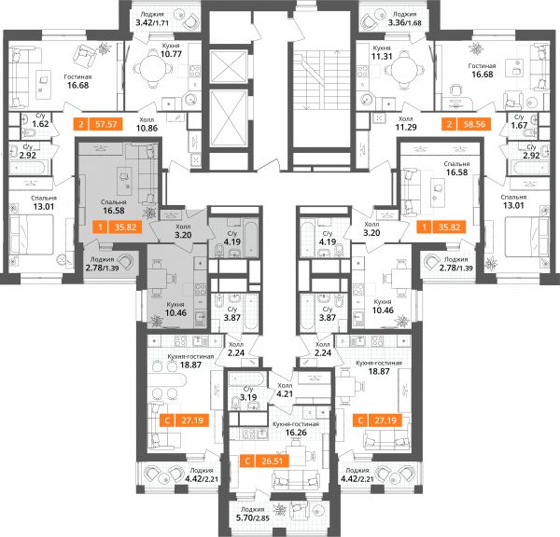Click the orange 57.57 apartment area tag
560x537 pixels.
pos(97,124)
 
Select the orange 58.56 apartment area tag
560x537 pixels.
pos(466,124)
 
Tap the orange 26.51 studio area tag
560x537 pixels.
pos(264,461)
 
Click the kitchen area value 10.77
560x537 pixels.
pos(171,54)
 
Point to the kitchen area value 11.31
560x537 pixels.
pos(382,56)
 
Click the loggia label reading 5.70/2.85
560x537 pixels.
pos(253,517)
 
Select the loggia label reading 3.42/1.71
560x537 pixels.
pos(152,23)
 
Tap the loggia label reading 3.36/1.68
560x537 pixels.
pos(404,23)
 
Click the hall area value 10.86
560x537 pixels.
pos(147,128)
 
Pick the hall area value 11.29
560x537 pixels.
pos(406,127)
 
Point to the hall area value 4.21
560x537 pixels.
pos(285,394)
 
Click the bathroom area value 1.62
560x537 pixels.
pos(40,124)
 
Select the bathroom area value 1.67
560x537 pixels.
pos(519,125)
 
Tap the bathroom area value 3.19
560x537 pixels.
pos(248,397)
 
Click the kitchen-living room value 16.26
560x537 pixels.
pos(296,433)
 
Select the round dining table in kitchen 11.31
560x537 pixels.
pos(404,69)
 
